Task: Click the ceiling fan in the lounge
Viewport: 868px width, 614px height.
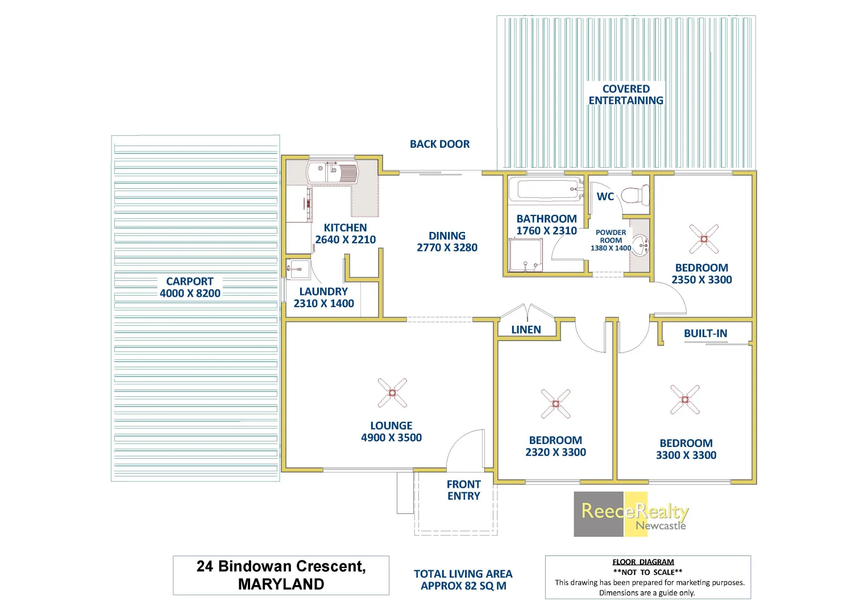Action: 392,393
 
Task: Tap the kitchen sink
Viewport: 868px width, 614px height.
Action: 333,172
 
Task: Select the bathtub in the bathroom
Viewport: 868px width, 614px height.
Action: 545,190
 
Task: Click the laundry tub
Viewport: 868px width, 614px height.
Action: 297,268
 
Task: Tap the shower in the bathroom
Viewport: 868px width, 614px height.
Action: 525,255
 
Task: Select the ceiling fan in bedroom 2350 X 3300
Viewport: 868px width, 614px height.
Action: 704,239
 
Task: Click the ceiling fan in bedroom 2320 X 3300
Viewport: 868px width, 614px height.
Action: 555,404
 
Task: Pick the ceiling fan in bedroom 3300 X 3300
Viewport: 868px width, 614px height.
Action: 685,399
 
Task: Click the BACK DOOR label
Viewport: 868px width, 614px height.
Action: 439,144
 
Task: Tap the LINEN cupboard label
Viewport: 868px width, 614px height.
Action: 526,330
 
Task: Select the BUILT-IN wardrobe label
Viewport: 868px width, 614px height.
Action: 705,334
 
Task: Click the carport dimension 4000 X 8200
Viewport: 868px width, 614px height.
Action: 190,293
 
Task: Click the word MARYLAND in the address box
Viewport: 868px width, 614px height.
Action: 281,584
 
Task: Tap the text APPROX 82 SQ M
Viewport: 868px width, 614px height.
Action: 463,586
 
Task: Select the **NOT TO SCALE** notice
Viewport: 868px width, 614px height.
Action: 647,572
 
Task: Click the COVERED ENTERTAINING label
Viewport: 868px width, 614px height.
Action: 626,95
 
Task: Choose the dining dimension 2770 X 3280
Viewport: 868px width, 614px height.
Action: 447,248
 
